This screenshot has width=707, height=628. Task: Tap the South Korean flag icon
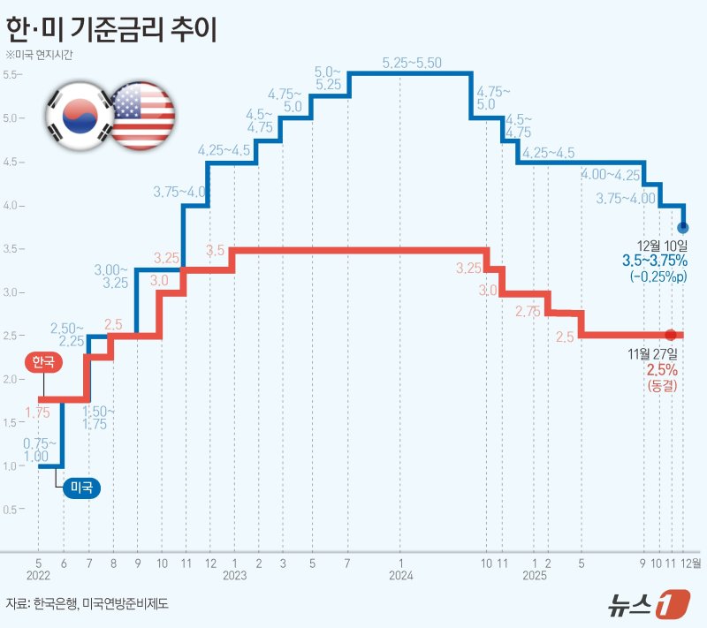coord(79,114)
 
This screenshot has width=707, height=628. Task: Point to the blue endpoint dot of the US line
coord(682,228)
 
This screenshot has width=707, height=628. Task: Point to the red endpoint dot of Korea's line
coord(671,335)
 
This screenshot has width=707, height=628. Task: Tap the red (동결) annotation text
coord(660,386)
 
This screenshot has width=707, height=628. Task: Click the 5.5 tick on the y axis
coord(11,74)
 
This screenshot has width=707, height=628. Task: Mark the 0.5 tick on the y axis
coord(11,510)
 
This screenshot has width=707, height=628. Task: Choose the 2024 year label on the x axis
coord(400,575)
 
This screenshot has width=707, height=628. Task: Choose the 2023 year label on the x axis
coord(234,575)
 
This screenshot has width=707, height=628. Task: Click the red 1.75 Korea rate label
coord(37,412)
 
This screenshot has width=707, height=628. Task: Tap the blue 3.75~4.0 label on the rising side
coord(181,191)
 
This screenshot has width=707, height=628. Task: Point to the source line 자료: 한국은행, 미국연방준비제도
coord(87,604)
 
